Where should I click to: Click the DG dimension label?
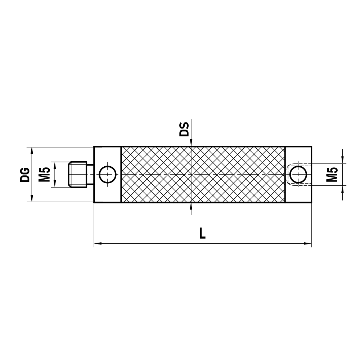tap(25, 174)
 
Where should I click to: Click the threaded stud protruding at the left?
tap(78, 174)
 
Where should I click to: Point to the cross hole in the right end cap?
tap(298, 174)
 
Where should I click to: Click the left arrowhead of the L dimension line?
tap(98, 244)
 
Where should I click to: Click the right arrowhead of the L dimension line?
tap(308, 244)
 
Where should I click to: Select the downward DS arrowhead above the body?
tap(191, 143)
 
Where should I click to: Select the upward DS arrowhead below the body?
tap(191, 206)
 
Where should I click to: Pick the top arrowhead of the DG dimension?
tap(32, 150)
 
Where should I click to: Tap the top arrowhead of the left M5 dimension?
tap(55, 165)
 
